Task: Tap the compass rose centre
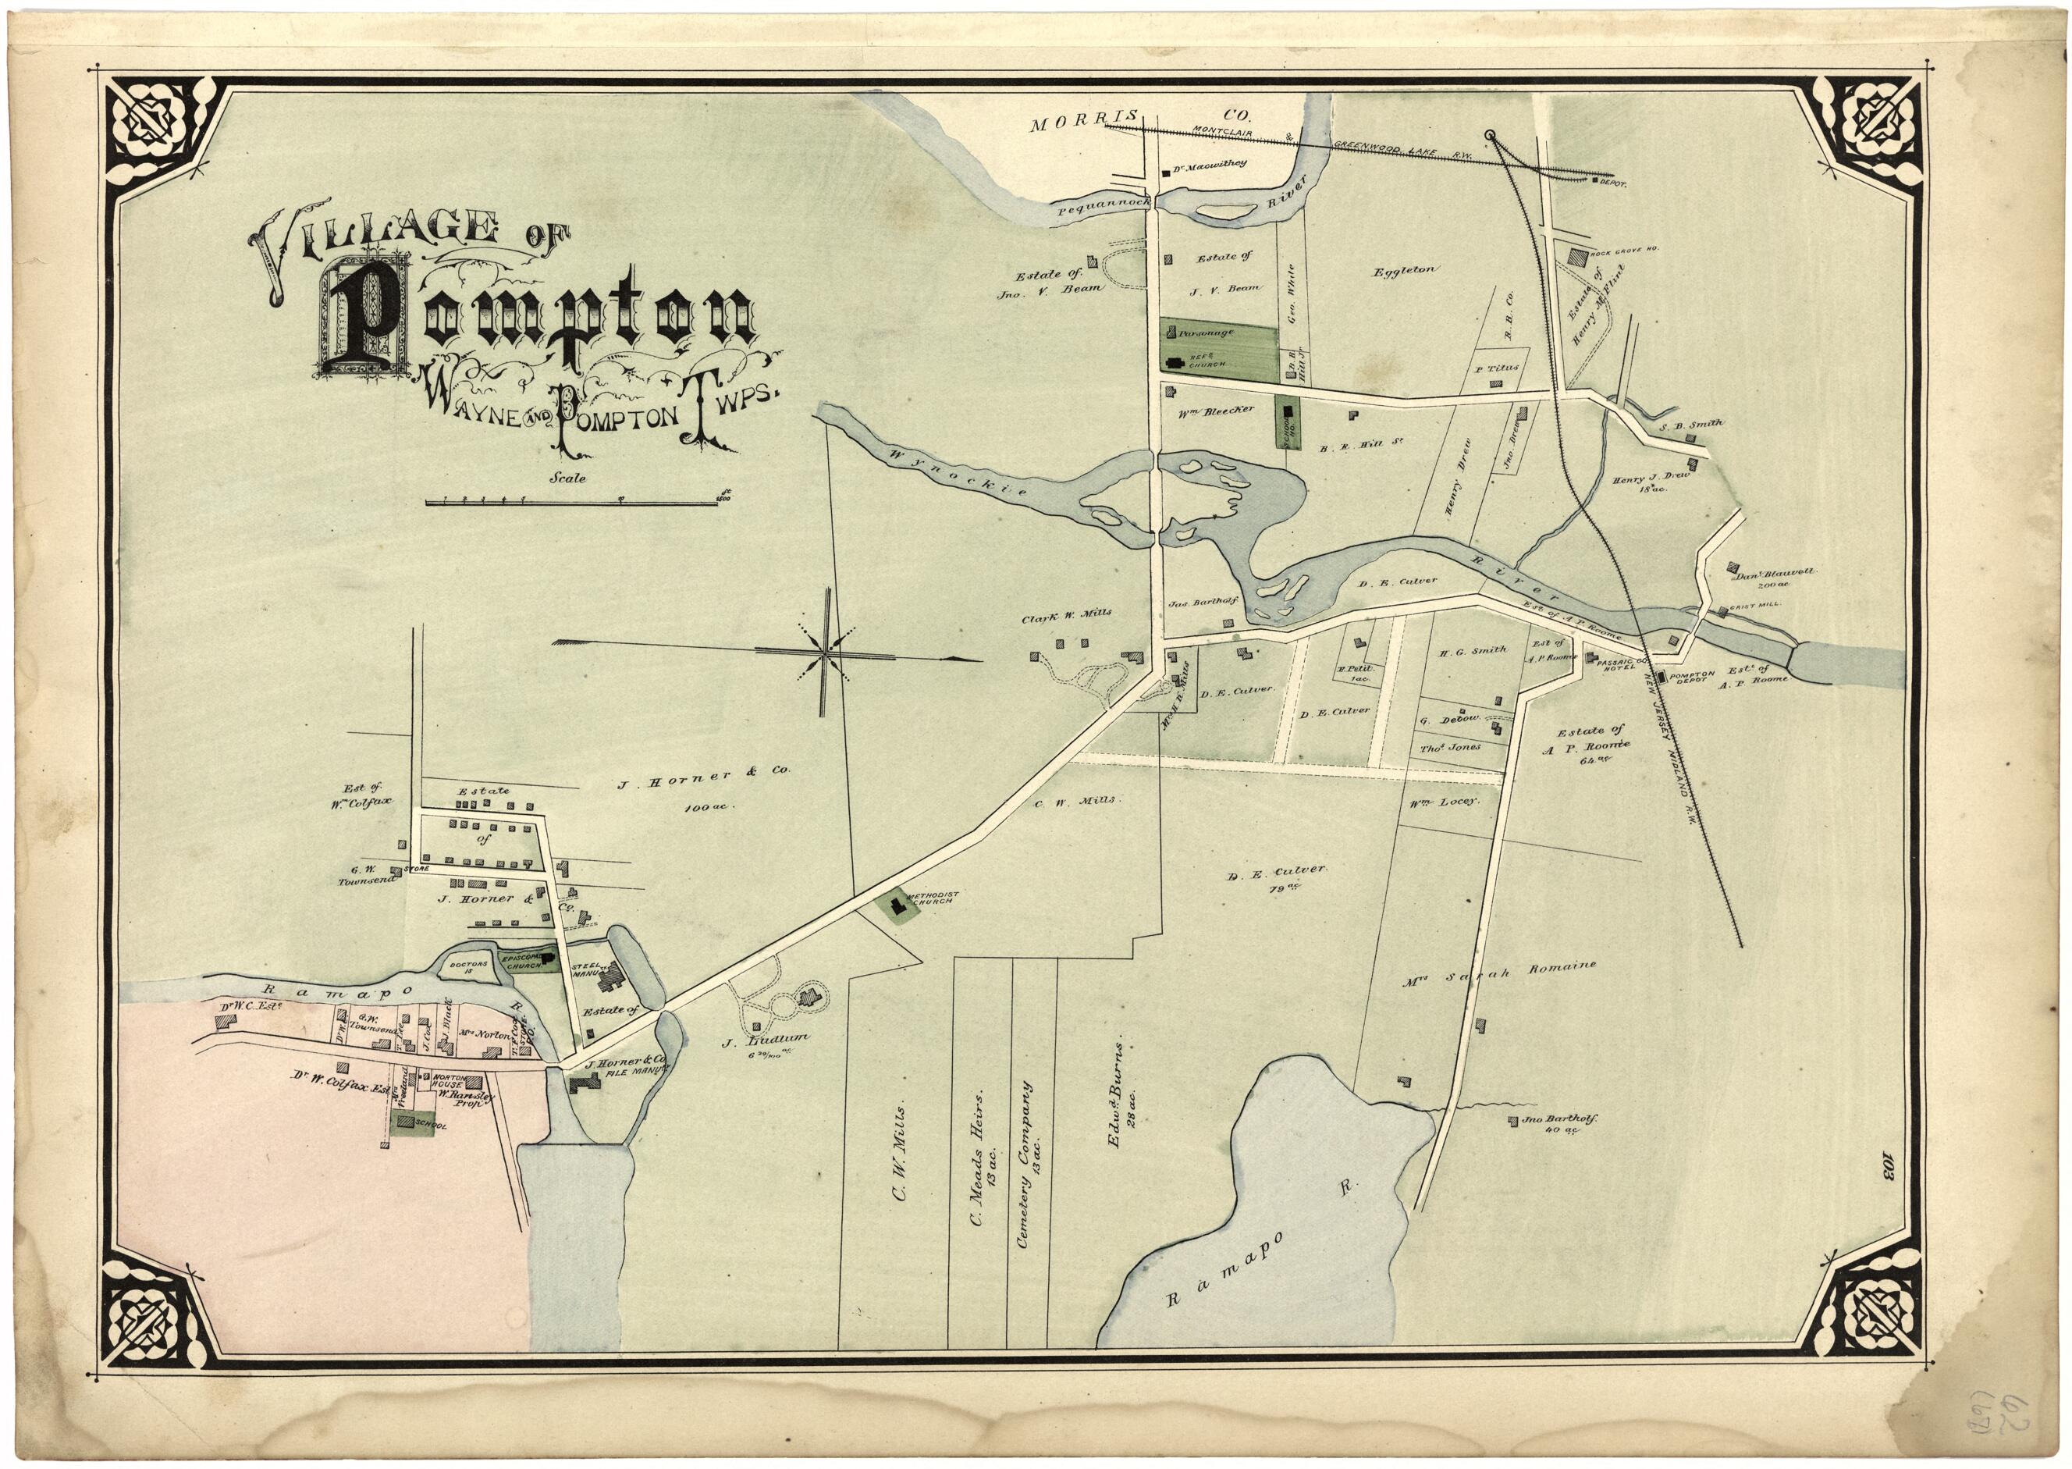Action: (825, 650)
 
